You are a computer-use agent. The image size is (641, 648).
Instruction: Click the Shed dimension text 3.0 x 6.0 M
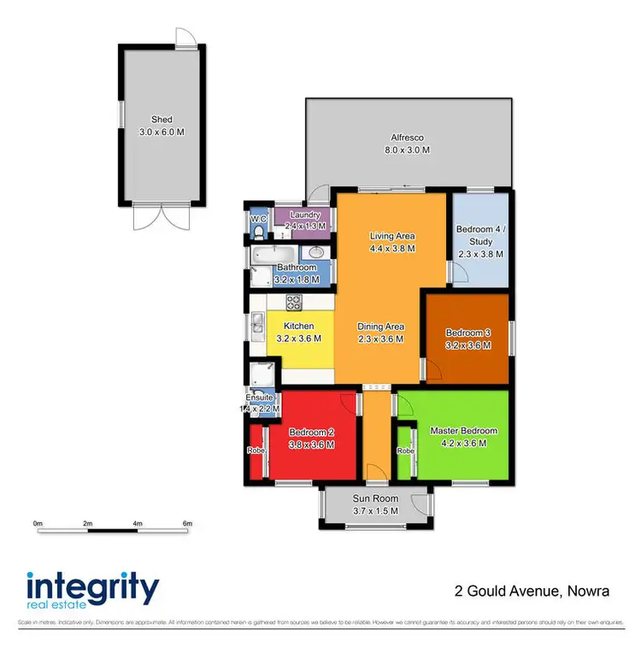(x=162, y=133)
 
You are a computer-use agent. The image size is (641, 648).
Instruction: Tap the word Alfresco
(x=407, y=138)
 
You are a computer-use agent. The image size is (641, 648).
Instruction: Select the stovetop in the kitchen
(x=293, y=302)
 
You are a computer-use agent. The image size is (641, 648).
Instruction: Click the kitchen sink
(x=257, y=324)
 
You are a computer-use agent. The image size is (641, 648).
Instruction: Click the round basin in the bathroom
(x=315, y=253)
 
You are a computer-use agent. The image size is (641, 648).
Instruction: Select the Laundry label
(x=304, y=215)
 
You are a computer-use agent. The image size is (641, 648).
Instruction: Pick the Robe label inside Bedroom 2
(x=255, y=451)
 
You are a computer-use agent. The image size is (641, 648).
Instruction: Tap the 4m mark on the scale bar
(x=138, y=522)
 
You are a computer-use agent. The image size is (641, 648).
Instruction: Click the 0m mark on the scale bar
(x=38, y=522)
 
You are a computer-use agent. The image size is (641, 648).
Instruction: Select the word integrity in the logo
(x=92, y=588)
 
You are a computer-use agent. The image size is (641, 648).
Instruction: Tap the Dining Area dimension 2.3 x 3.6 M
(x=381, y=339)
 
